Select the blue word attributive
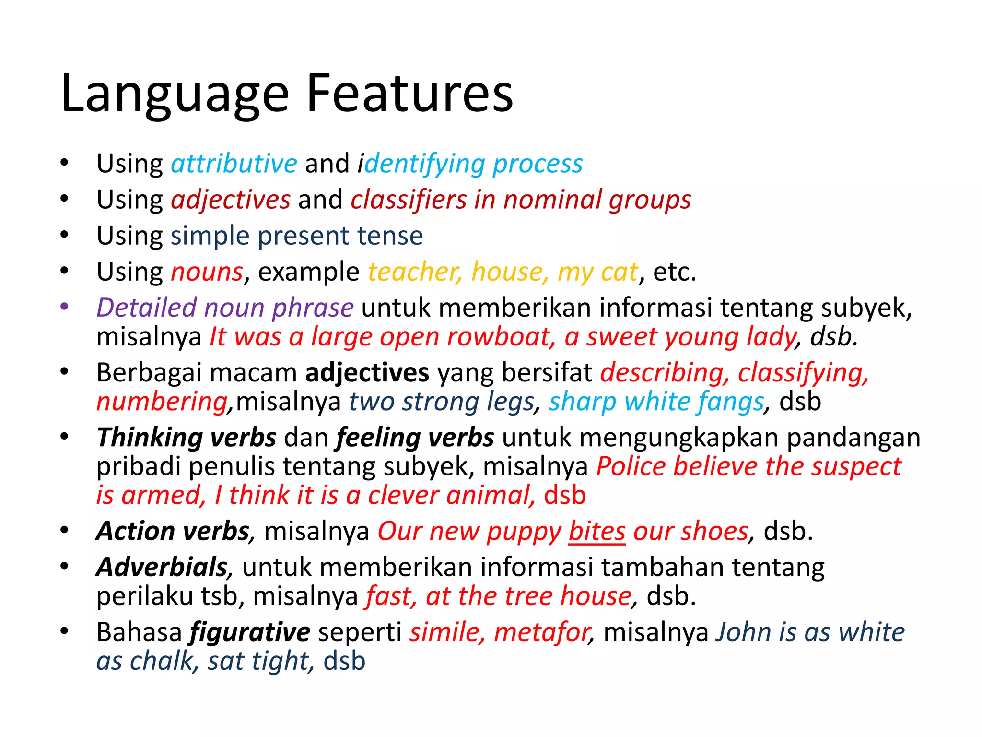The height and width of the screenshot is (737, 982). (234, 164)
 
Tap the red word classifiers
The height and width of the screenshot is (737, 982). (408, 200)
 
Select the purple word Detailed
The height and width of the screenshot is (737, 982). (147, 308)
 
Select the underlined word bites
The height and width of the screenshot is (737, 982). (597, 532)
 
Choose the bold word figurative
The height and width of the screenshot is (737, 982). (250, 633)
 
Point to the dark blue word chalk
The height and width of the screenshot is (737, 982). (161, 661)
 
